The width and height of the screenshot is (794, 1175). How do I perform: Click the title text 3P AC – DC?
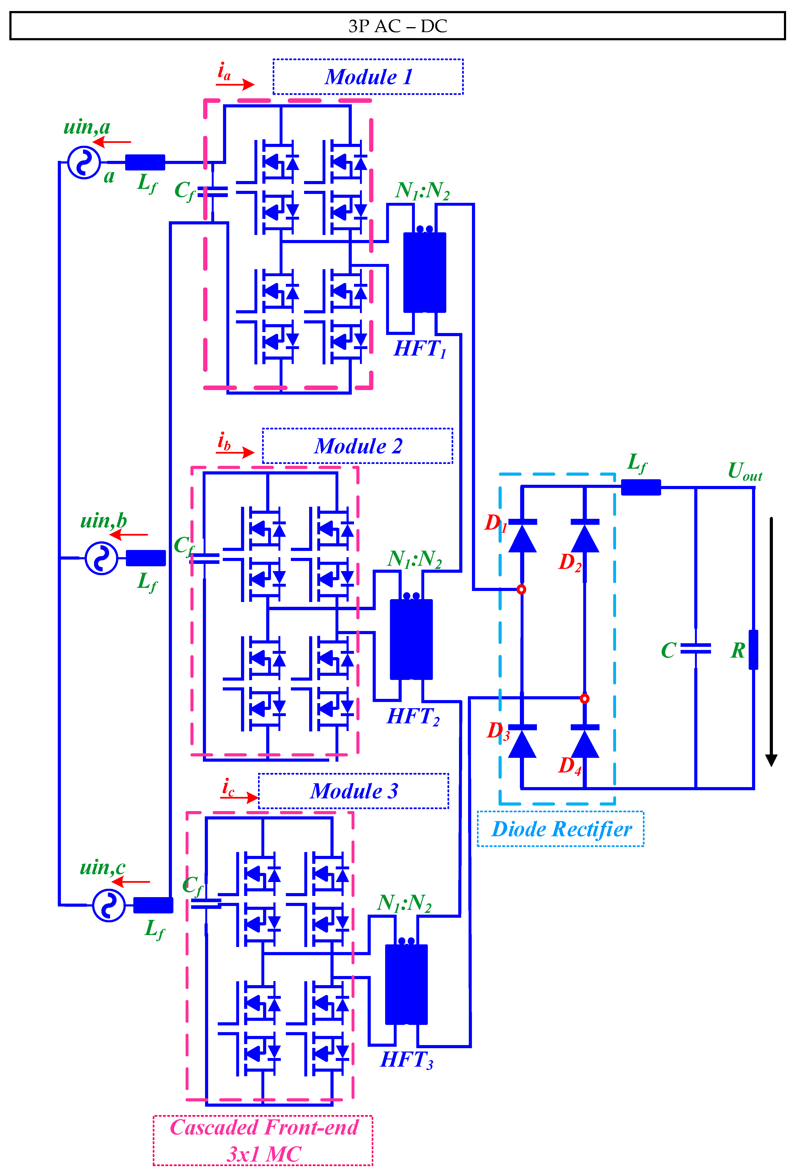tap(398, 26)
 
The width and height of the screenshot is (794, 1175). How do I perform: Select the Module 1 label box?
tap(368, 77)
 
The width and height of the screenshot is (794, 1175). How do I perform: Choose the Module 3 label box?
tap(353, 791)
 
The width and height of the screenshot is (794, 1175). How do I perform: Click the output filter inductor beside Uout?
tap(641, 487)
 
